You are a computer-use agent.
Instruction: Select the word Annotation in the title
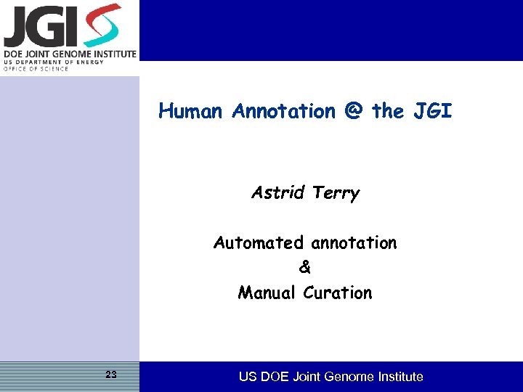284,111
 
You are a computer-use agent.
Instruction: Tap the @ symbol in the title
354,111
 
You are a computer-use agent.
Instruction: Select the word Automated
259,242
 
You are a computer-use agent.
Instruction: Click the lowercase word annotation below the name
354,242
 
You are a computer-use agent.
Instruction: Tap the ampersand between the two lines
304,267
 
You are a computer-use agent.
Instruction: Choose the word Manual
268,293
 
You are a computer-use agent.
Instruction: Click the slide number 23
111,375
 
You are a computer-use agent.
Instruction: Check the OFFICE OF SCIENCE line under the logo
36,68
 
